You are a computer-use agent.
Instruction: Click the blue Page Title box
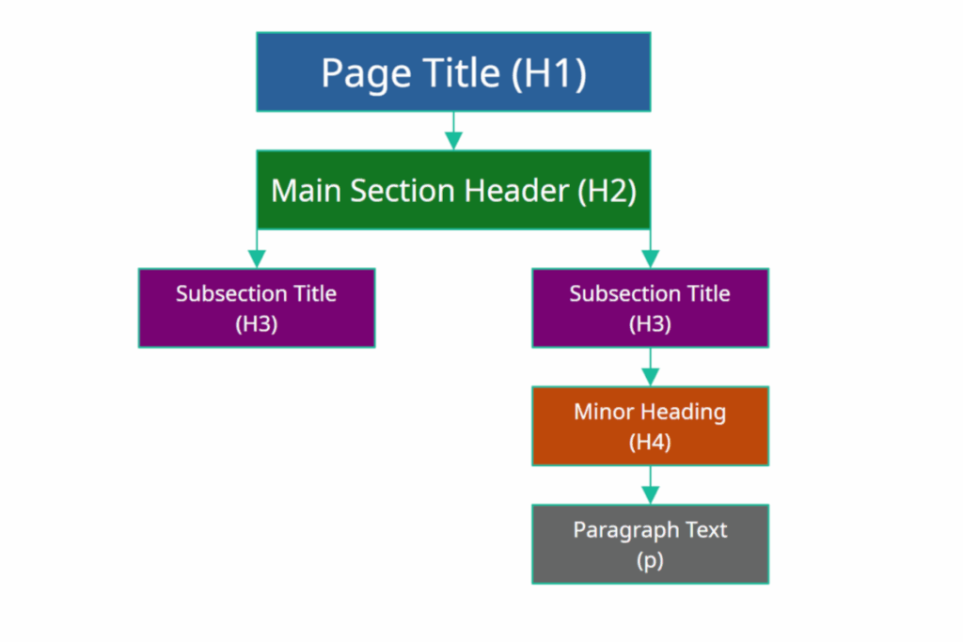[x=453, y=72]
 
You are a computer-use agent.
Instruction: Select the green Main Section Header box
[x=453, y=191]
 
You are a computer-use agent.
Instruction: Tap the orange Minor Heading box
[x=650, y=426]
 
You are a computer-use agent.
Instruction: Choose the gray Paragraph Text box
[x=650, y=544]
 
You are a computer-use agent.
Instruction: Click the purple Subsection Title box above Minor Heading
[x=650, y=308]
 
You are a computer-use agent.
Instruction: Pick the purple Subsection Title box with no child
[x=257, y=308]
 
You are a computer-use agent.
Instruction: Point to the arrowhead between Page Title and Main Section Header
[x=453, y=140]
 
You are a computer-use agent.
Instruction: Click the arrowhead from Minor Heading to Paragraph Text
[x=650, y=494]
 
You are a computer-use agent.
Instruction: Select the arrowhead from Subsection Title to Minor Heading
[x=650, y=376]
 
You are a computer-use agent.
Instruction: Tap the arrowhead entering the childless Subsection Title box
[x=257, y=258]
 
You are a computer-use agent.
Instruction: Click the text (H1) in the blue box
[x=549, y=73]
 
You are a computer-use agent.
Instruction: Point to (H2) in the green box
[x=606, y=191]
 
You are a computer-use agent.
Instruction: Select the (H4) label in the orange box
[x=650, y=442]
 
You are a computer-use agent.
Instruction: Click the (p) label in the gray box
[x=650, y=560]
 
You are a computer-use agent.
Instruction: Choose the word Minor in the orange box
[x=605, y=412]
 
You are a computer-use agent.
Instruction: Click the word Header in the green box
[x=521, y=191]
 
